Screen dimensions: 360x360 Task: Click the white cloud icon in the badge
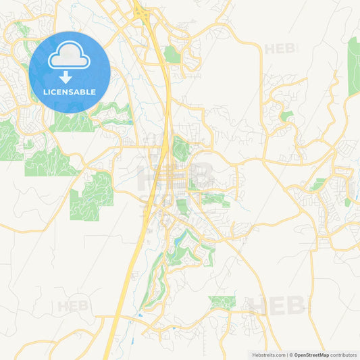coord(70,57)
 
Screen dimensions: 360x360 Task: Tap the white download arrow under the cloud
coord(66,77)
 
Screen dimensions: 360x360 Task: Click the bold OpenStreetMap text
coord(311,355)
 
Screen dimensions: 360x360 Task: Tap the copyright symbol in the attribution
coord(291,355)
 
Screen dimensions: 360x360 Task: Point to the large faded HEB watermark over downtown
coord(176,177)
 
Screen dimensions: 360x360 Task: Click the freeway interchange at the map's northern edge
coord(140,12)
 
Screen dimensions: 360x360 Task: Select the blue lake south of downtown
coord(178,238)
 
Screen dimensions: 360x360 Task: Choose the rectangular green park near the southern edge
coord(222,302)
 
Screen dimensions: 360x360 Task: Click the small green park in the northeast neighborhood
coord(286,116)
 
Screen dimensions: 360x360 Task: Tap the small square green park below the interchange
coord(172,55)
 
